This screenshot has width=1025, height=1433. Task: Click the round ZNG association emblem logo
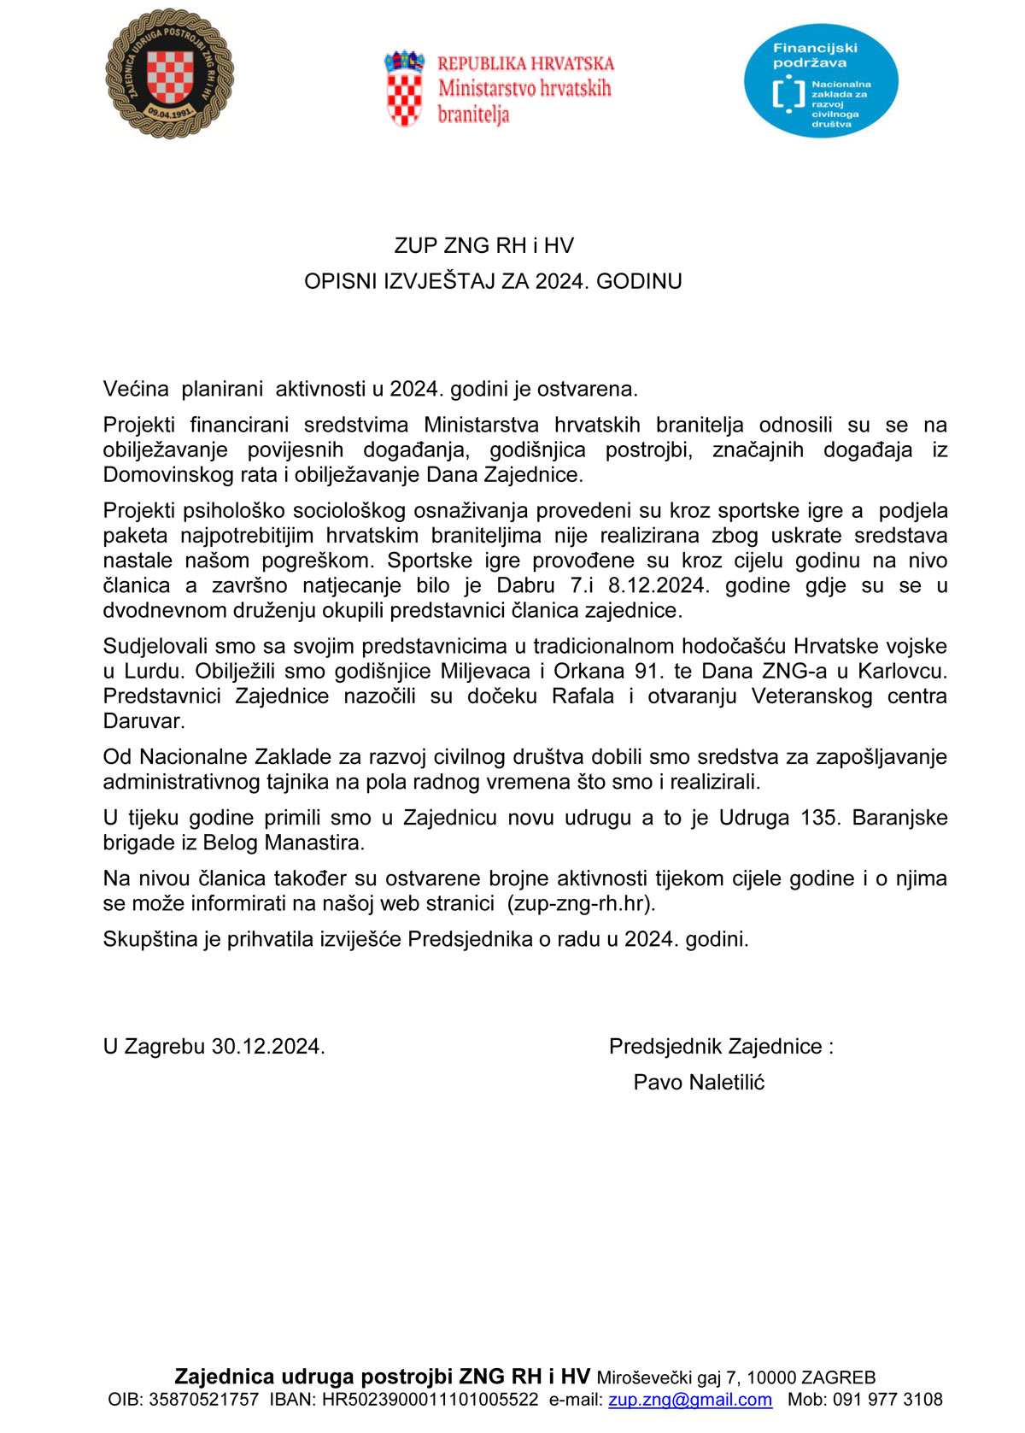pos(169,74)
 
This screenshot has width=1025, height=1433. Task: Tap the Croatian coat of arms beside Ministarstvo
pos(404,88)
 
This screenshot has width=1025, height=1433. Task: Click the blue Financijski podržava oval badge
pos(821,81)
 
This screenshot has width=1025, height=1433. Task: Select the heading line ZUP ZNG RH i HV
pos(483,246)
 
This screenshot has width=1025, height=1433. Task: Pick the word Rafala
pos(583,696)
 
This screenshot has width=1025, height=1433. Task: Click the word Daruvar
pos(143,720)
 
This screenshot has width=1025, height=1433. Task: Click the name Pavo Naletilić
pos(699,1083)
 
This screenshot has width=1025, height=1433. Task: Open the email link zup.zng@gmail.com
pos(690,1400)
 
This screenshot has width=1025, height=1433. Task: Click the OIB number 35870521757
pos(203,1400)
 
